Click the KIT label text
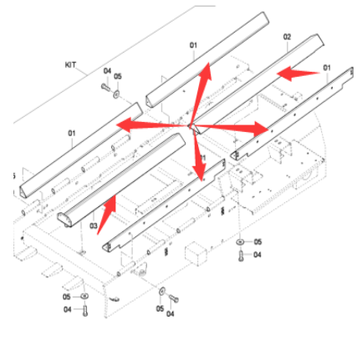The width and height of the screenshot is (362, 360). pos(70,63)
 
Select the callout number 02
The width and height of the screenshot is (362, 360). pos(287,37)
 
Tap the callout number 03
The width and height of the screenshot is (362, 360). pos(93,226)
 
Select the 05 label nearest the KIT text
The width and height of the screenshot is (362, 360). pos(118,76)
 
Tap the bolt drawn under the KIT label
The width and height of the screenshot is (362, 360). pos(105,85)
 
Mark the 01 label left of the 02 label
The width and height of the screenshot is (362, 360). pos(193,45)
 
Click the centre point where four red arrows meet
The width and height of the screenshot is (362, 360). pos(191,127)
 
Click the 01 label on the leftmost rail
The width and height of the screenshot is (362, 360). pos(72,132)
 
